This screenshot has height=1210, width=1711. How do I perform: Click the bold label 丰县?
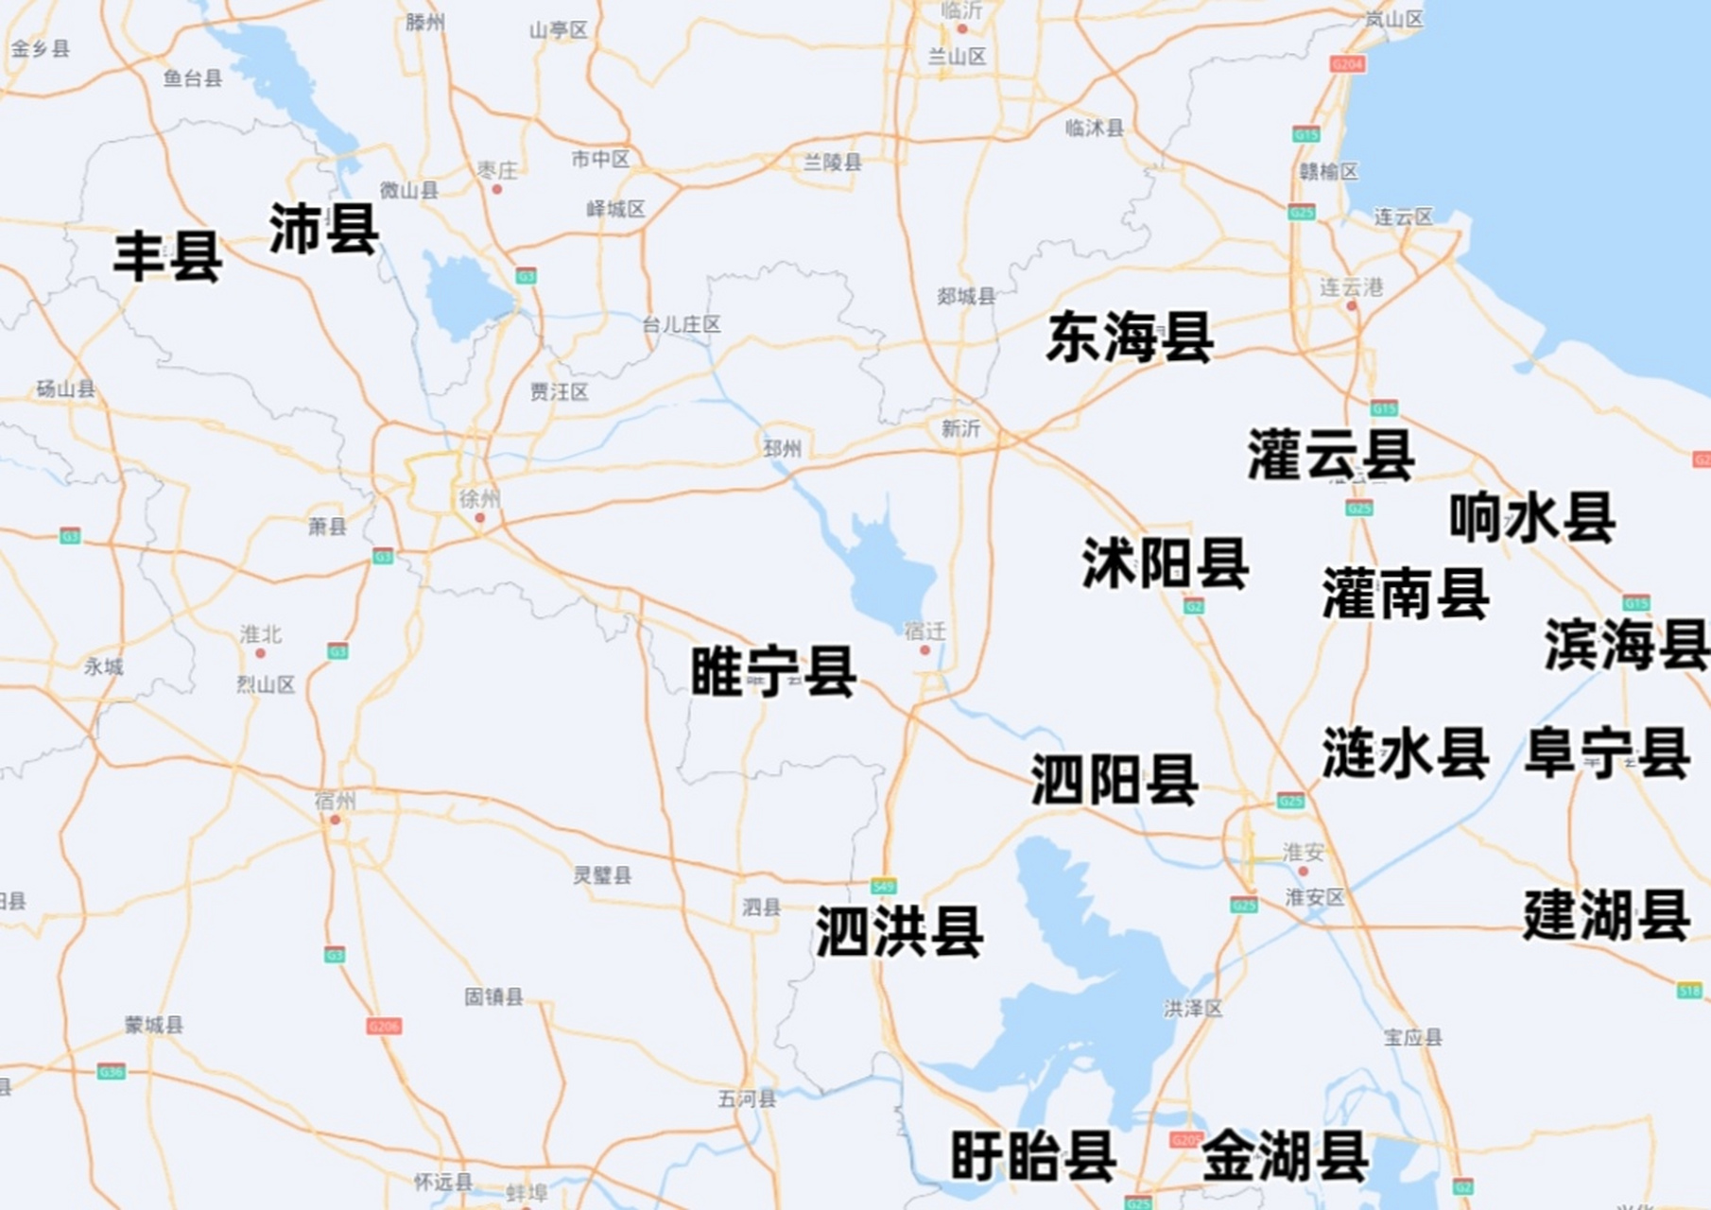[x=167, y=256]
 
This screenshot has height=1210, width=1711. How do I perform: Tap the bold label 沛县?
[x=324, y=229]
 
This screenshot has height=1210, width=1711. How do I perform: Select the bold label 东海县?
[x=1130, y=337]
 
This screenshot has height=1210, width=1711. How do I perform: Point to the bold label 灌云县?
[x=1331, y=455]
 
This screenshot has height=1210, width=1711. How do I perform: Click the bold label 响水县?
[x=1532, y=517]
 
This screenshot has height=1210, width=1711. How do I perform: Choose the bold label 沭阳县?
[x=1166, y=563]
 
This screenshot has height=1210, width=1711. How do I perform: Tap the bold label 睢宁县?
[x=773, y=672]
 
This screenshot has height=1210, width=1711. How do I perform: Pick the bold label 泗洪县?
[x=899, y=931]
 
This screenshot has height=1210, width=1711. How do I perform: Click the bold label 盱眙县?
[x=1033, y=1155]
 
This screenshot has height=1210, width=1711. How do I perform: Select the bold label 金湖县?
[x=1285, y=1155]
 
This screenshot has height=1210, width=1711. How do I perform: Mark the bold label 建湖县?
[x=1606, y=915]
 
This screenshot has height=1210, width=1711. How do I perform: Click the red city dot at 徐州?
[x=479, y=518]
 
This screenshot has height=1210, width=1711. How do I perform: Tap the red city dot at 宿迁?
[x=925, y=650]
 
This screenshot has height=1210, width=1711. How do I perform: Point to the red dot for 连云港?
[x=1352, y=306]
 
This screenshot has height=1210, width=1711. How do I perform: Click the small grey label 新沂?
[x=960, y=429]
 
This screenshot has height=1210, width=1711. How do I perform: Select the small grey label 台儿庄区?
[x=681, y=325]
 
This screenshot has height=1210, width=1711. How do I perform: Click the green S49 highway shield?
[x=883, y=886]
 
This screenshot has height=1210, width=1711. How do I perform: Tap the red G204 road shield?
[x=1346, y=63]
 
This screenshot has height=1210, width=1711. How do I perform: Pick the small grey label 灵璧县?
[x=602, y=875]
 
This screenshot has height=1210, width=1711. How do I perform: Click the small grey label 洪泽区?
[x=1193, y=1010]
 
